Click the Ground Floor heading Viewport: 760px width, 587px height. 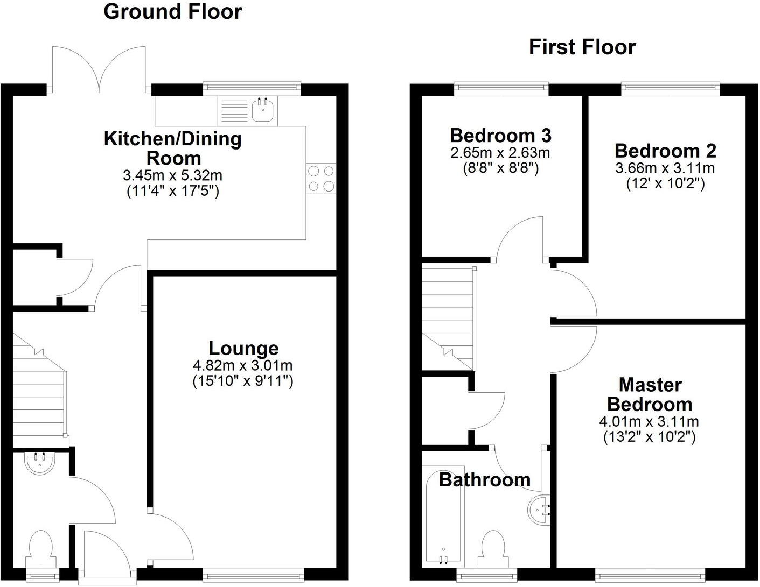(172, 12)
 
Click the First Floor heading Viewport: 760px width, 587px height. (582, 47)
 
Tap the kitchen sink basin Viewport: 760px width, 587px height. (263, 110)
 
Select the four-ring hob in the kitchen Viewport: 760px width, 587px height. (321, 178)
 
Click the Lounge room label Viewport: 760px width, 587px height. (243, 348)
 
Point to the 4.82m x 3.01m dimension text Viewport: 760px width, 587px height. (242, 366)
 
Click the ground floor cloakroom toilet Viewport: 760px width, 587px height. (41, 547)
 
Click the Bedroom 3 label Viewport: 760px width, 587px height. (500, 135)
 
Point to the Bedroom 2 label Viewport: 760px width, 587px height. (665, 151)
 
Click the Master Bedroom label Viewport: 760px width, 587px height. (650, 394)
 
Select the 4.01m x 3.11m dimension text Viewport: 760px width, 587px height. (649, 421)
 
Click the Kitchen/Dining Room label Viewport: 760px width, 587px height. (173, 148)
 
